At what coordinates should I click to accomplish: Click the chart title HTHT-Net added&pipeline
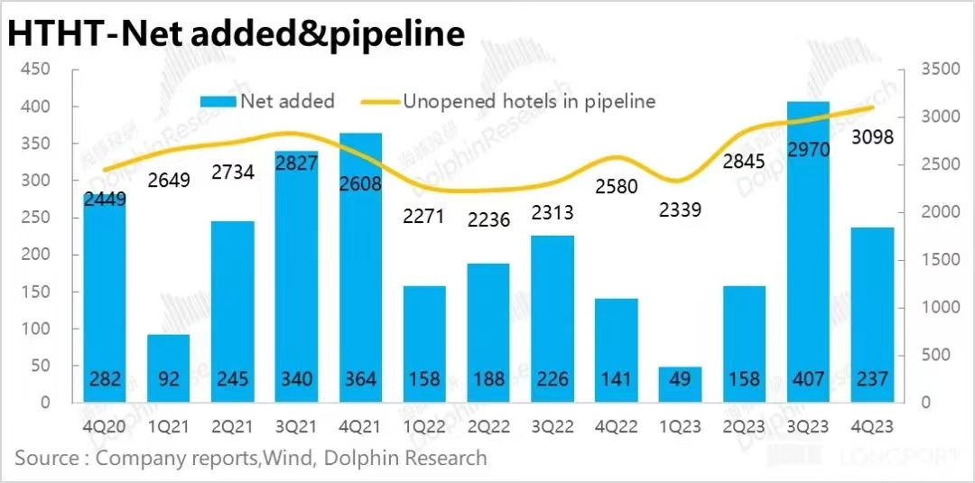(x=237, y=33)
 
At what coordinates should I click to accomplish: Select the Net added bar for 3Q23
(x=808, y=253)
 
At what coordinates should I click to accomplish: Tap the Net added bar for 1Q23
(x=680, y=385)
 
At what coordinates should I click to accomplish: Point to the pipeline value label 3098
(x=871, y=137)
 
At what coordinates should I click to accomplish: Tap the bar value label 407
(x=808, y=380)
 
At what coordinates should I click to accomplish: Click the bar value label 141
(x=616, y=380)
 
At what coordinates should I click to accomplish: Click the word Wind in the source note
(x=281, y=458)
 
